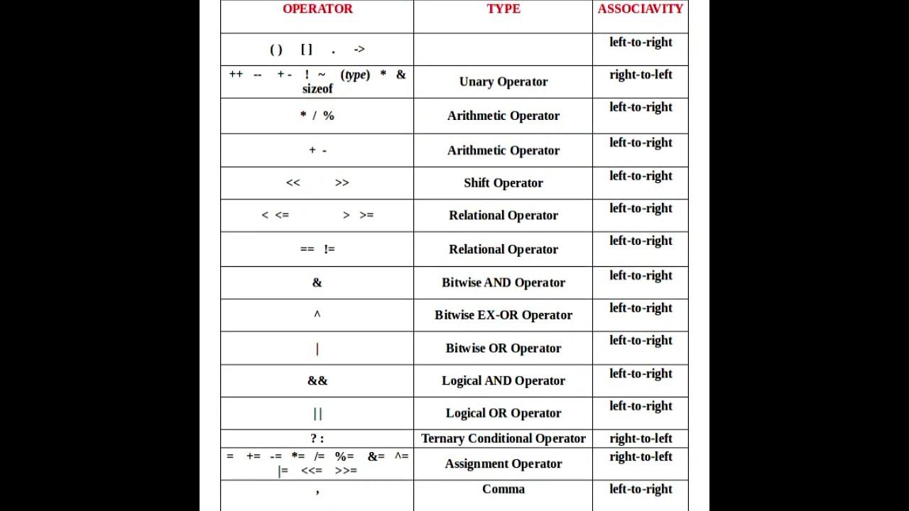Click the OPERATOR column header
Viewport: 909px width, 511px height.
317,9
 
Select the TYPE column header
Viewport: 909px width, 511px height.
504,9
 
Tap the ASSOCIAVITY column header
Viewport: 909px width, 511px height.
640,9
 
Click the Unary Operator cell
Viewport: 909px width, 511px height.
504,82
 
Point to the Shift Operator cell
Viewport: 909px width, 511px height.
504,183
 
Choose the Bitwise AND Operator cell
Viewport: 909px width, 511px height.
504,282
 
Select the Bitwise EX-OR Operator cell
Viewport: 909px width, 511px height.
504,315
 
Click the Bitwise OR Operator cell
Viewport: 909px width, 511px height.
504,348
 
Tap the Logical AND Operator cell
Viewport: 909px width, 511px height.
504,381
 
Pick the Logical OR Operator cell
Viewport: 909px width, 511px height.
504,414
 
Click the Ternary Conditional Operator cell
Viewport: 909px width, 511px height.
504,439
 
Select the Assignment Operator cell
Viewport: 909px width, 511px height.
504,464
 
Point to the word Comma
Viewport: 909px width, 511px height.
504,489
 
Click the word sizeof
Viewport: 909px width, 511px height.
317,89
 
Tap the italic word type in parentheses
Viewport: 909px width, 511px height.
355,75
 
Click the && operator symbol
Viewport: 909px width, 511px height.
317,381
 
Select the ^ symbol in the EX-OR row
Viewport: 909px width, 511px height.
317,314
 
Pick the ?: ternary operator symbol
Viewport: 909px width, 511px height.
317,439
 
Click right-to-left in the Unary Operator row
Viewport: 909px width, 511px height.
641,75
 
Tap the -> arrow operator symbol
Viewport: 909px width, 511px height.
359,50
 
